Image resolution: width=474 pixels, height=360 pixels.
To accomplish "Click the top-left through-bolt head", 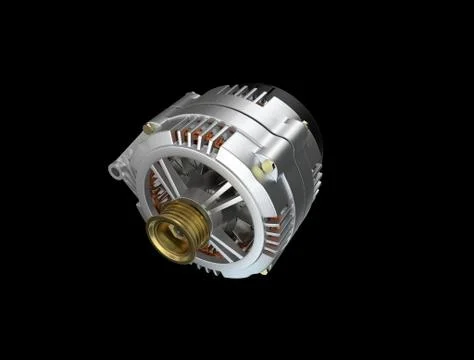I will click(x=150, y=127).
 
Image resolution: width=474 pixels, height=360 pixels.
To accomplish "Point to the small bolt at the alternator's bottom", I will click(x=264, y=270).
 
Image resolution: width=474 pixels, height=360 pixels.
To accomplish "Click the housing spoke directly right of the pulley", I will click(x=226, y=205).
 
